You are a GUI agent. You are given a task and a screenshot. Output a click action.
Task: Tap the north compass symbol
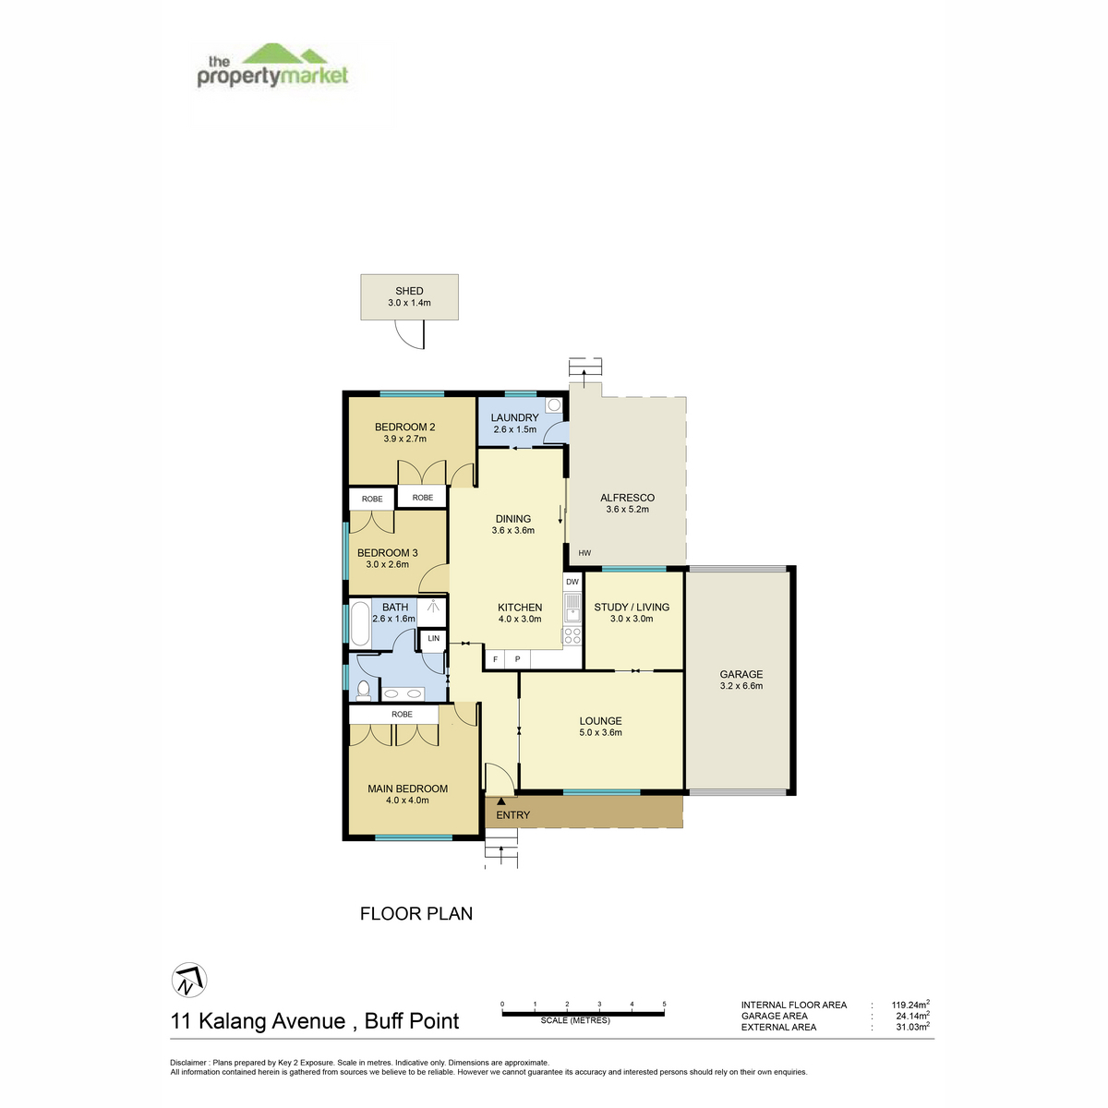[x=189, y=980]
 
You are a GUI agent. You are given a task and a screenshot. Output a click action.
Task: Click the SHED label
[x=409, y=291]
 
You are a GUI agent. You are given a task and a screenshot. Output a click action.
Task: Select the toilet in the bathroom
[x=363, y=691]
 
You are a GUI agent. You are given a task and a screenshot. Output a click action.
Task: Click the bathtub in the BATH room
[x=360, y=624]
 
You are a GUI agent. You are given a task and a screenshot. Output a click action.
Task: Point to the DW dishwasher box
[x=572, y=582]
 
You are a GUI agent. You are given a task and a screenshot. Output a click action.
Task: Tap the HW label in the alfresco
[x=584, y=553]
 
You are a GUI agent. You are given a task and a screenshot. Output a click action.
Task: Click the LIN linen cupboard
[x=434, y=639]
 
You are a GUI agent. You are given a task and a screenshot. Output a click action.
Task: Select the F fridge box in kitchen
[x=495, y=659]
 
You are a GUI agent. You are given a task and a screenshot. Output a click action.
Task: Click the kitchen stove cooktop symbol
[x=572, y=634]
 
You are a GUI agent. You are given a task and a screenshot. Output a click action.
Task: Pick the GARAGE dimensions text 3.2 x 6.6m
[x=741, y=686]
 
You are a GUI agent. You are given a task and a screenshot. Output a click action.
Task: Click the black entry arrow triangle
[x=500, y=801]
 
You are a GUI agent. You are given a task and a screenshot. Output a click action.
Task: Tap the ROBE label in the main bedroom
[x=402, y=714]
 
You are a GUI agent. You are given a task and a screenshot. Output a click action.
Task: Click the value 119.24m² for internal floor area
[x=910, y=1005]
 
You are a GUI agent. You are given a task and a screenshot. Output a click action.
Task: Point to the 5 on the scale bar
[x=664, y=1004]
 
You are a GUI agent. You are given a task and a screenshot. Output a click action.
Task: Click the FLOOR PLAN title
[x=415, y=914]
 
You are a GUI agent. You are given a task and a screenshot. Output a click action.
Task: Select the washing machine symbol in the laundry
[x=554, y=405]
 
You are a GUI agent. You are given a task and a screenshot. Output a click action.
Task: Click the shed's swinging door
[x=410, y=334]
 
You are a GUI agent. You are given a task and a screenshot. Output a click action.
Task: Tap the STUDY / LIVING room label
[x=632, y=608]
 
